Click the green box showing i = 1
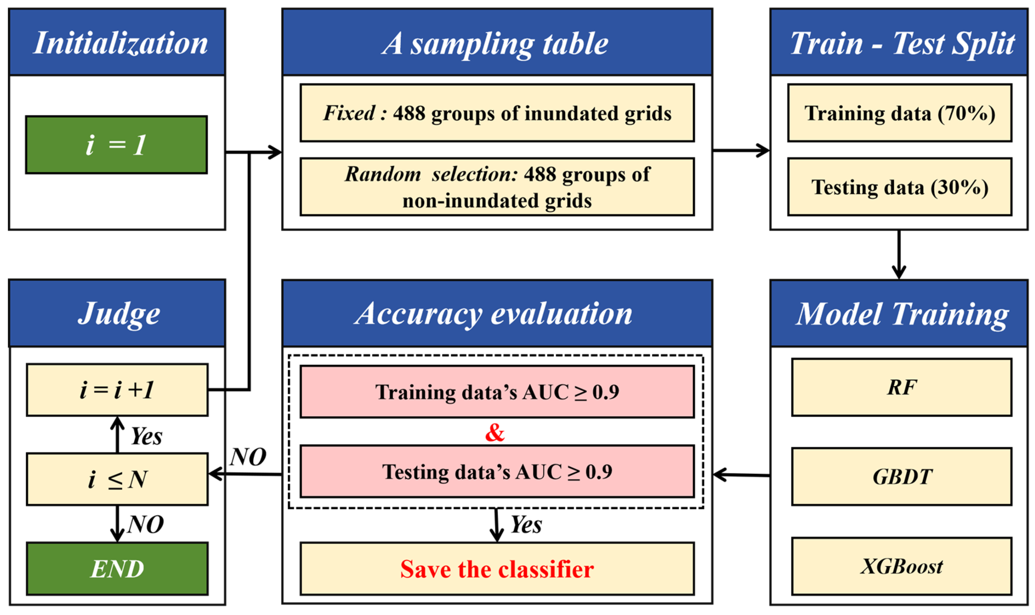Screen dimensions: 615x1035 [116, 145]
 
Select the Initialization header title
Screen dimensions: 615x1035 [120, 43]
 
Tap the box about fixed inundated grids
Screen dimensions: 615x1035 [497, 113]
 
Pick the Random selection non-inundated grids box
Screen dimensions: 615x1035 [497, 187]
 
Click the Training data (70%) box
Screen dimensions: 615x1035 [899, 113]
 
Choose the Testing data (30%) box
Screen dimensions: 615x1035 [899, 187]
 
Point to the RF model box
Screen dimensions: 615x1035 [901, 388]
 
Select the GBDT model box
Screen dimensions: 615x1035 [901, 477]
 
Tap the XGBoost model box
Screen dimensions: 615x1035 [901, 566]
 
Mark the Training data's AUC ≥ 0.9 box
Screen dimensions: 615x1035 [497, 392]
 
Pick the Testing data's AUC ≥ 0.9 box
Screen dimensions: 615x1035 [497, 472]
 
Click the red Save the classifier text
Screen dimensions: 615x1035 [497, 569]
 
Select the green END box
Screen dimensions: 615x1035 [117, 569]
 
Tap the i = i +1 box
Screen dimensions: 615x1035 [117, 390]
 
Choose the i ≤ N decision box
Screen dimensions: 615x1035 [117, 479]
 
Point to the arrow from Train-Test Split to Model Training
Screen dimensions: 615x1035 [899, 255]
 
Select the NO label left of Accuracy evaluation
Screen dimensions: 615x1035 [248, 457]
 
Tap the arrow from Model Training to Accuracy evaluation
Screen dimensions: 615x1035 [741, 475]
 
